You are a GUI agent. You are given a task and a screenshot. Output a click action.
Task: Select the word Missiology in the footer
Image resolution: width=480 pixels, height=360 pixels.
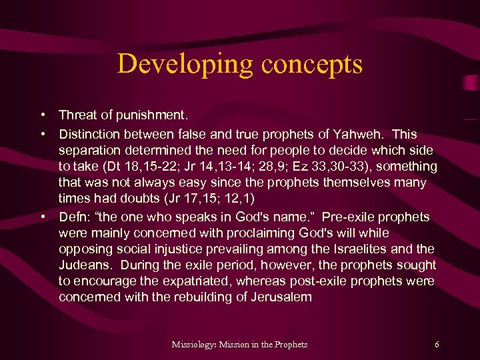(x=194, y=344)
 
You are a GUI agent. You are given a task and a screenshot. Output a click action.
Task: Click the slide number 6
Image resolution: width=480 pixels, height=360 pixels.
(x=436, y=344)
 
